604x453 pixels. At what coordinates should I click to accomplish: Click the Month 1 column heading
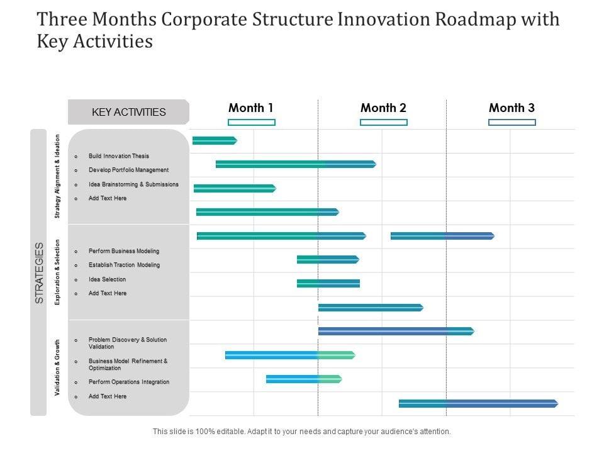point(251,108)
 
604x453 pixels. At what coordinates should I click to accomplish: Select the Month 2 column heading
point(383,108)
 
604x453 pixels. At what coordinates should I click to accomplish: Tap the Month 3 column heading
point(512,108)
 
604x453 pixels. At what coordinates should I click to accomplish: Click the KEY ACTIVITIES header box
point(128,112)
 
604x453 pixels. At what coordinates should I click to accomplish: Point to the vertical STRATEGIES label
point(39,272)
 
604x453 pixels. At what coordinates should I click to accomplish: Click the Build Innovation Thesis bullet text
point(119,156)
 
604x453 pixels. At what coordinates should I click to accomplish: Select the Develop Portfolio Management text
point(128,170)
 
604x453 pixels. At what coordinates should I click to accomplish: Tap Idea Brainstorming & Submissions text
point(133,184)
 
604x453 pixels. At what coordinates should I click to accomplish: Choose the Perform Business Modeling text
point(124,251)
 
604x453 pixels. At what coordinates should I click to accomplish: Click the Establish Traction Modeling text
point(124,265)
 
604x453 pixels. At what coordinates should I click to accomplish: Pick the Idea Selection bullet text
point(107,279)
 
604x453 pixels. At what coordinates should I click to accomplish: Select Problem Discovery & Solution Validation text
point(128,343)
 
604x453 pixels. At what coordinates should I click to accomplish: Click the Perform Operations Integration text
point(129,382)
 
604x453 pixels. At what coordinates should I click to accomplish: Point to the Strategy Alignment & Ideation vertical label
point(57,177)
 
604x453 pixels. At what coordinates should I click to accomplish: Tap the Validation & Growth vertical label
point(57,367)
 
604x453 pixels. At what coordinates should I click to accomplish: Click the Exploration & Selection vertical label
point(57,272)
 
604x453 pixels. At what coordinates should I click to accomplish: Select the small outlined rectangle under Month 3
point(512,122)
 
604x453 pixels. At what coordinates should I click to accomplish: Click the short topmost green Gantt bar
point(214,140)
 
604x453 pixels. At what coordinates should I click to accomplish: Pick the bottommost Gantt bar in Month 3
point(478,403)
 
